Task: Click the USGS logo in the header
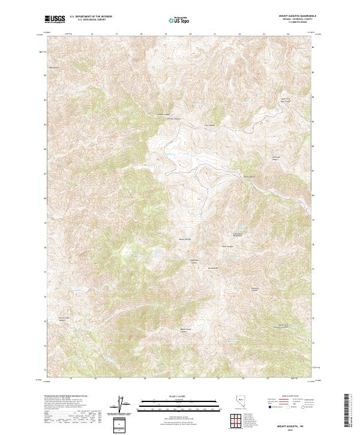point(54,19)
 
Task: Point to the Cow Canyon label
point(209,125)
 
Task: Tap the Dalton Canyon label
point(173,118)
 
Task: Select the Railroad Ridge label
point(272,158)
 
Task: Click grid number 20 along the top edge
point(190,34)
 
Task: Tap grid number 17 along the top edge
point(116,34)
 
